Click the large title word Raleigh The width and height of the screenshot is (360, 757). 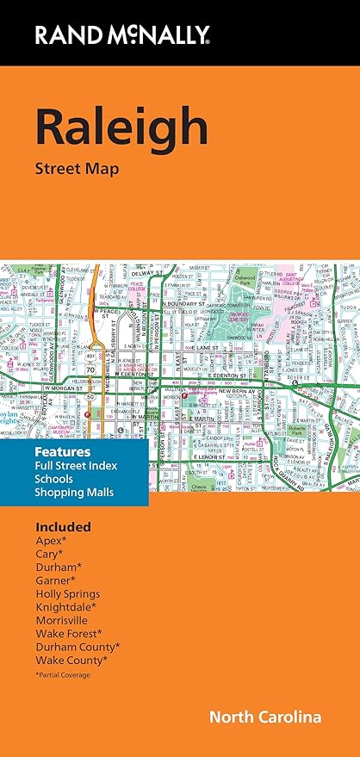point(121,127)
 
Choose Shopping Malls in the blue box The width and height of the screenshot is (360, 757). point(75,492)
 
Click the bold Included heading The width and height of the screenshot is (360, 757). point(63,526)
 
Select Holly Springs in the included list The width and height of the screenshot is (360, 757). point(67,594)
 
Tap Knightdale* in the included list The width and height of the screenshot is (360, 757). point(65,607)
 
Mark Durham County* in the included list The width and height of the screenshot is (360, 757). point(78,648)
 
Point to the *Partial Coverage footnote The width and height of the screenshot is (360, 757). point(63,674)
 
